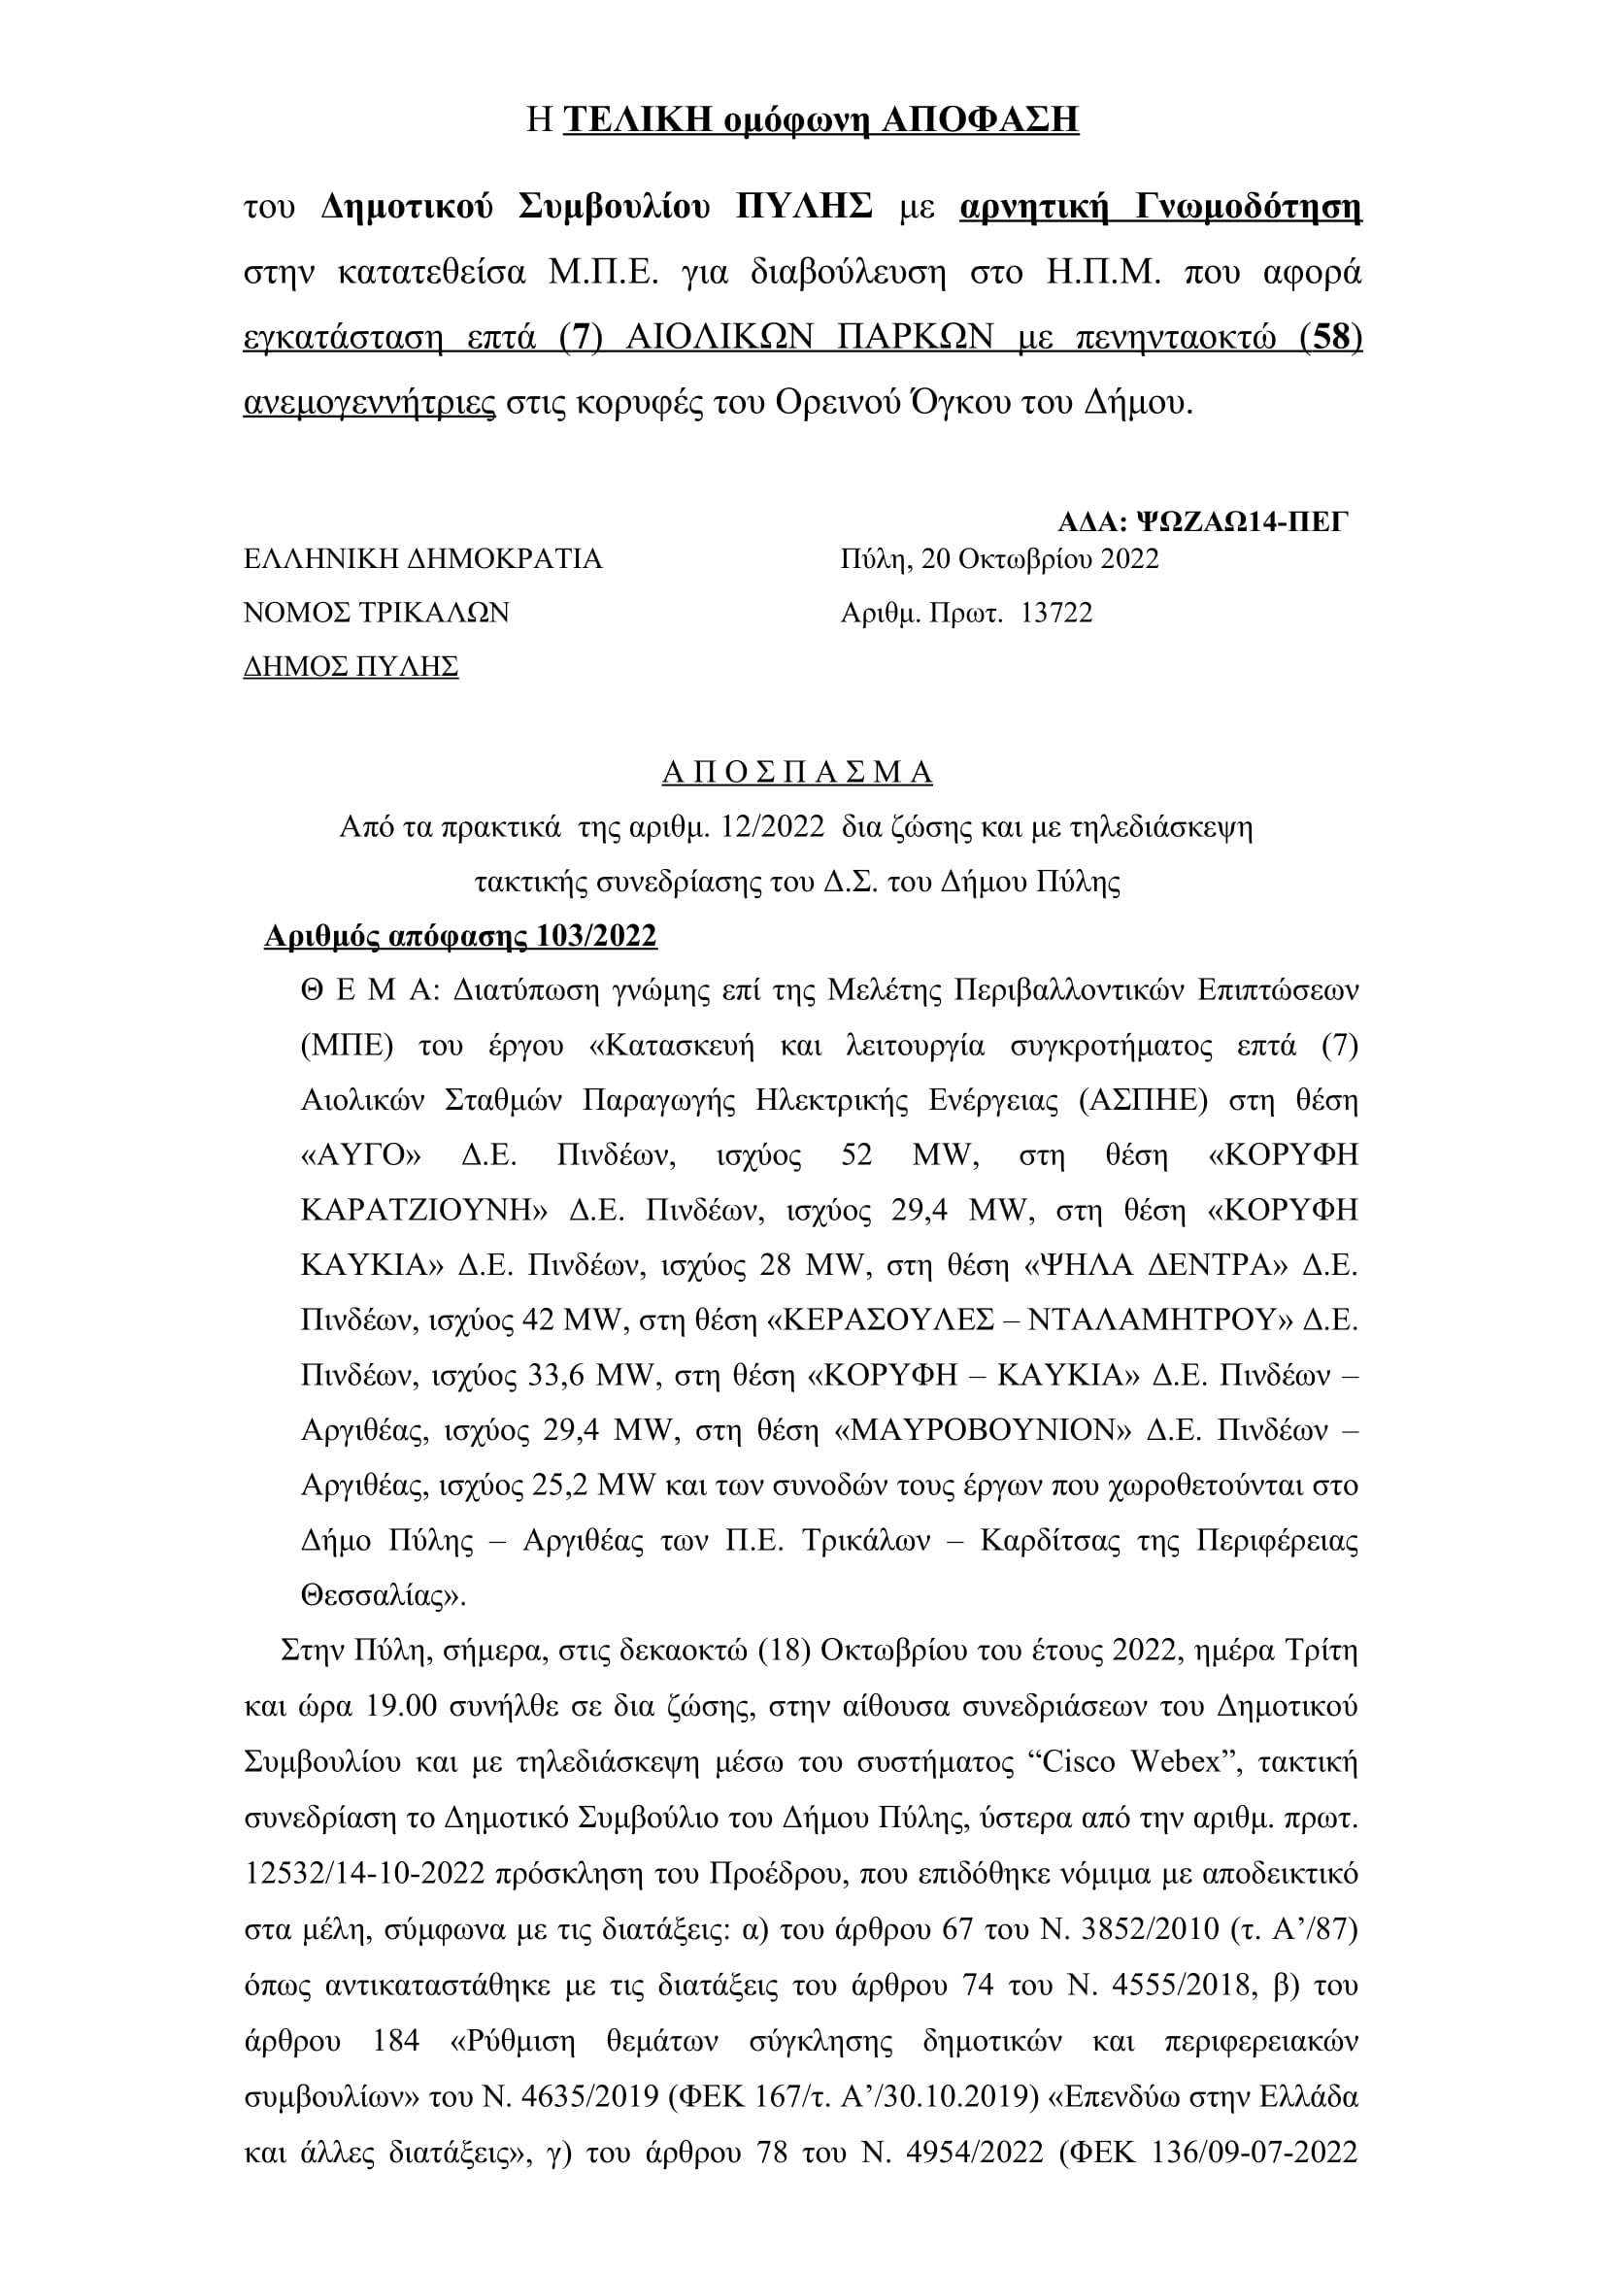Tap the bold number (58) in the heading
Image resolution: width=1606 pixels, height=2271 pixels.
pos(1331,337)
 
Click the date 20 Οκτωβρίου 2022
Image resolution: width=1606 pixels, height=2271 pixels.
pos(1039,559)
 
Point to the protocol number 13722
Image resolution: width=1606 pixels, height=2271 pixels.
pos(1056,614)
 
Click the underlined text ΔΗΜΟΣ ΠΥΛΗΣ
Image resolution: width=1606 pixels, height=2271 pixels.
pos(351,667)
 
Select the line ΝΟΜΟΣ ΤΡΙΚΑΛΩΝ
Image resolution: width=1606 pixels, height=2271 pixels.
pos(376,614)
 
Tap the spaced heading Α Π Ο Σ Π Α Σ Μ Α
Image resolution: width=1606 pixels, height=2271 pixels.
pos(797,773)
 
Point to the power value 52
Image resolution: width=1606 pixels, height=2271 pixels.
pos(856,1155)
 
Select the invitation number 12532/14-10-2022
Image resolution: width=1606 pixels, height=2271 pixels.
pos(365,1872)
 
